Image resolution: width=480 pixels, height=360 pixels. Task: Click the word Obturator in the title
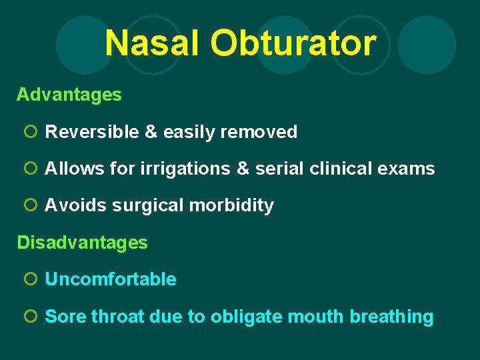[293, 43]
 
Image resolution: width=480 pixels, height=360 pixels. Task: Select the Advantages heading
[69, 95]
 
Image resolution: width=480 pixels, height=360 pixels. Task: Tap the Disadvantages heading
[82, 243]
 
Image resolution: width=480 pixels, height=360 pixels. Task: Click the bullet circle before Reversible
[29, 132]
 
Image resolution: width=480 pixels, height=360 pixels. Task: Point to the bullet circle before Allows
[29, 169]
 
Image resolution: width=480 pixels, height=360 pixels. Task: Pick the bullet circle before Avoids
[29, 206]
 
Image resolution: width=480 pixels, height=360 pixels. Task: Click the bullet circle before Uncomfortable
[29, 280]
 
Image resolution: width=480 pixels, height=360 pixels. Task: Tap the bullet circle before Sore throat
[29, 317]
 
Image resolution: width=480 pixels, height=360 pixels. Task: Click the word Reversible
[92, 132]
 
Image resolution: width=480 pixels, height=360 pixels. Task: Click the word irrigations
[186, 169]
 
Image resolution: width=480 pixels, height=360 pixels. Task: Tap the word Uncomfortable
[111, 280]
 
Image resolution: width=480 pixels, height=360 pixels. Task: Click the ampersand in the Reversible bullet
[151, 132]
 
